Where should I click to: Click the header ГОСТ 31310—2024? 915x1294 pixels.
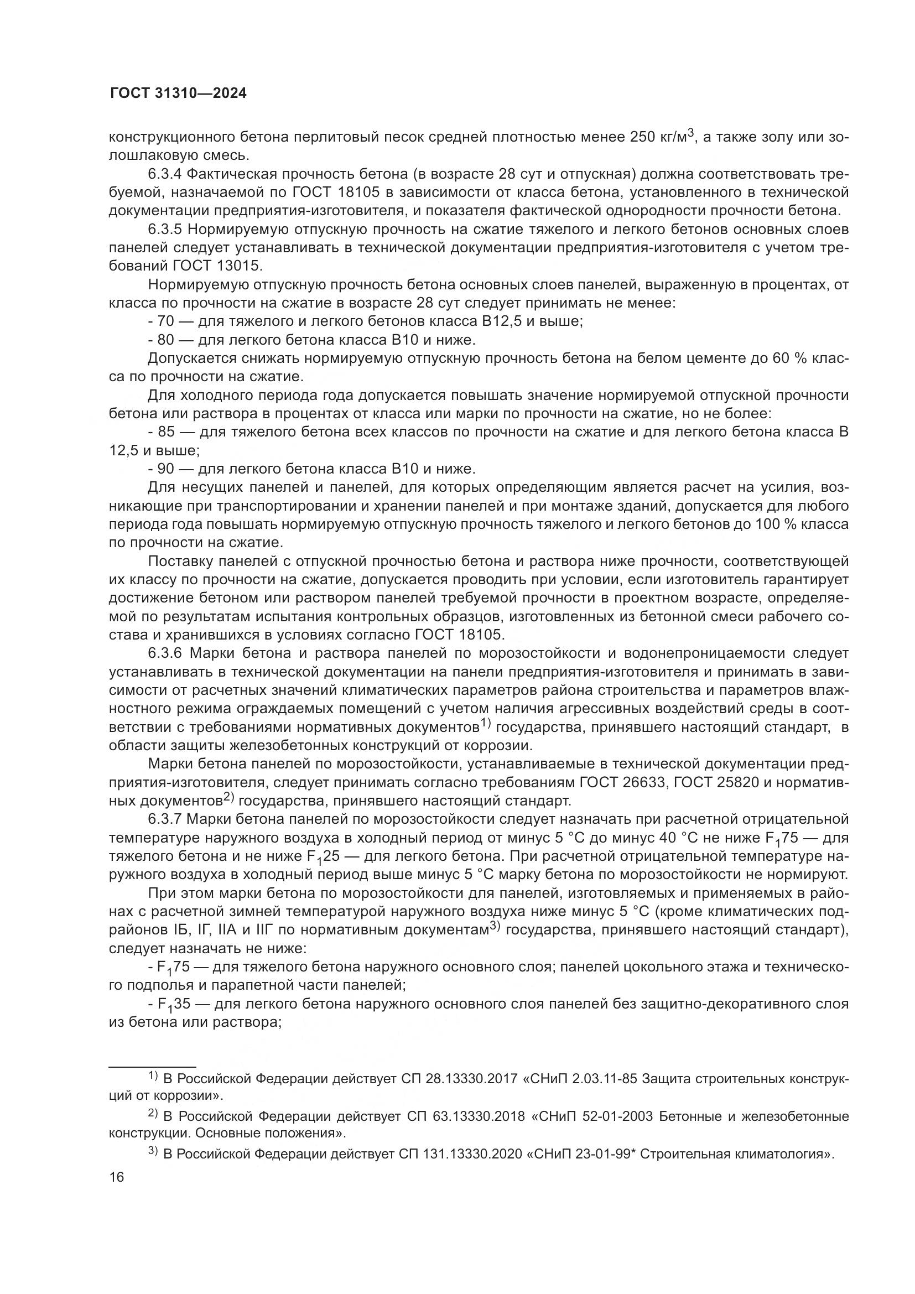178,93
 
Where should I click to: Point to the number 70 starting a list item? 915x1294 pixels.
165,321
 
